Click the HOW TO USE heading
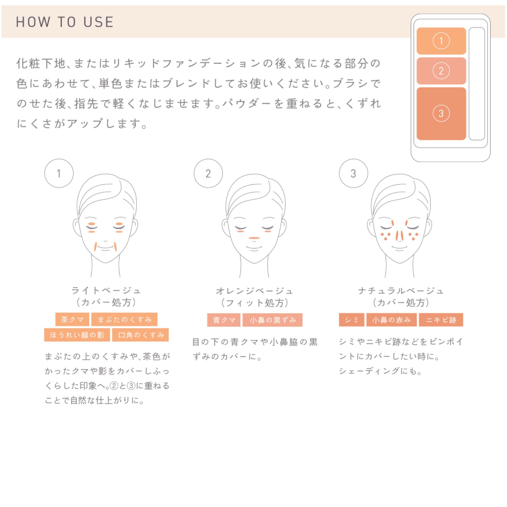click(x=65, y=22)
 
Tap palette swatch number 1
click(x=441, y=41)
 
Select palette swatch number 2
click(x=441, y=71)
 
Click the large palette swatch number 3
click(x=441, y=113)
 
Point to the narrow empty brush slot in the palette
click(x=477, y=83)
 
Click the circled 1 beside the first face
click(x=59, y=173)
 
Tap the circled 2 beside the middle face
click(x=208, y=173)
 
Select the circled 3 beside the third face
click(x=353, y=173)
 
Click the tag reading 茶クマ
click(x=72, y=319)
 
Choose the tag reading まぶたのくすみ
click(x=124, y=319)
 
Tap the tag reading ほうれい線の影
click(x=77, y=335)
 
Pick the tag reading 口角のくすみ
click(x=141, y=335)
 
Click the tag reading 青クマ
click(x=224, y=320)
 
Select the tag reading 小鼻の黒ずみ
click(x=273, y=320)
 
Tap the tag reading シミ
click(x=351, y=320)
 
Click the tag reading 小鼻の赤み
click(x=391, y=320)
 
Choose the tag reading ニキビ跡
click(x=441, y=320)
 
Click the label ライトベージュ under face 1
click(x=106, y=290)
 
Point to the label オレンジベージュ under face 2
click(x=254, y=291)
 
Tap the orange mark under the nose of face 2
click(x=254, y=238)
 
